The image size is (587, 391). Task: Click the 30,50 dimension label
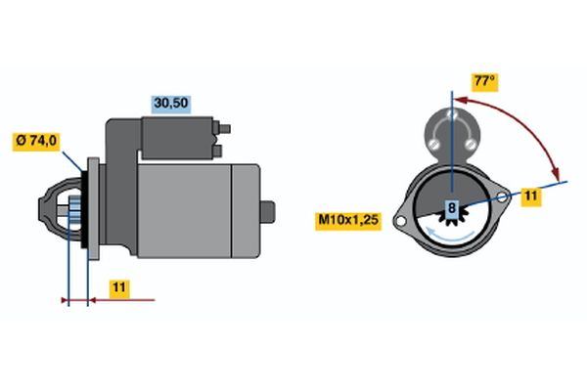[x=171, y=104]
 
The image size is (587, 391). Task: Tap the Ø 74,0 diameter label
[x=36, y=141]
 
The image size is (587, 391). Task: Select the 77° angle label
[x=484, y=81]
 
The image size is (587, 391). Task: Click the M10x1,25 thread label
[x=348, y=220]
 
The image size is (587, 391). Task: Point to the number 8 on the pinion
[x=452, y=207]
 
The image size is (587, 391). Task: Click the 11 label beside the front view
[x=531, y=196]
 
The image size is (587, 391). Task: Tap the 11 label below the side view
[x=119, y=288]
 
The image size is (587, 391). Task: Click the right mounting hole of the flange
[x=502, y=197]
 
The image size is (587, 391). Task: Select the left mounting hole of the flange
[x=400, y=222]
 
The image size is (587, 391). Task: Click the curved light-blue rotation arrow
[x=450, y=235]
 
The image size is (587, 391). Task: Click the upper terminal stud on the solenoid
[x=225, y=129]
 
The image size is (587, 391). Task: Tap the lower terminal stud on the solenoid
[x=217, y=151]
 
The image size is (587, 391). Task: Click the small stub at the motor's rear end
[x=268, y=212]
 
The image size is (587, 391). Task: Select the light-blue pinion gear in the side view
[x=74, y=208]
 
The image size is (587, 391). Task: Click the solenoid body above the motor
[x=177, y=138]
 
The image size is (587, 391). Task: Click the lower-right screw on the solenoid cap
[x=471, y=144]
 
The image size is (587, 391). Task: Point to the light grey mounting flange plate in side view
[x=93, y=209]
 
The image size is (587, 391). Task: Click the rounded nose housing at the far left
[x=60, y=209]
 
